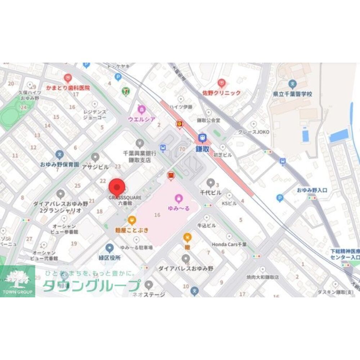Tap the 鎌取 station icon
point(203,138)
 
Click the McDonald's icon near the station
point(171,175)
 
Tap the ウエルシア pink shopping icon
point(142,109)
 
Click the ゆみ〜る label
point(179,208)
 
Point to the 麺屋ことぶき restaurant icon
point(132,220)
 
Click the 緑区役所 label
point(110,258)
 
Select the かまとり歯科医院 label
point(68,87)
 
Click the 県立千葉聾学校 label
point(292,94)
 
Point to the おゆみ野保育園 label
point(59,165)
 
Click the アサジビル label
point(95,167)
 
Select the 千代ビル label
point(211,193)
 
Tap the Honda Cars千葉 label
point(229,244)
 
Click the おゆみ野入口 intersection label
point(312,190)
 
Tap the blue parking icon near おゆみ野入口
point(280,198)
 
